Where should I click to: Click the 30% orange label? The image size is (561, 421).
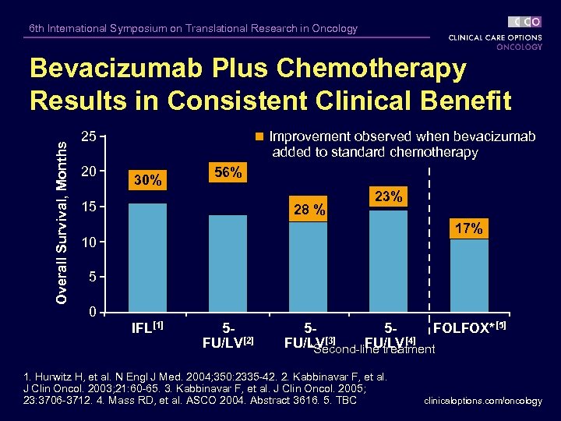(147, 180)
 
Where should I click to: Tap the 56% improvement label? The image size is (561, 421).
(228, 172)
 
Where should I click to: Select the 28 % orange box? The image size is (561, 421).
(308, 209)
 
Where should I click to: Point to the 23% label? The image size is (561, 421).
(388, 196)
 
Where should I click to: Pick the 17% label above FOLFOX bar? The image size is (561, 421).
(468, 228)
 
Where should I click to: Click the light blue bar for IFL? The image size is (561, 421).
(147, 257)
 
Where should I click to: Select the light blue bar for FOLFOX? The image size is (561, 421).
(468, 275)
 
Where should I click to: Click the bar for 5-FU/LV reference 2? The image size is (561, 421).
(228, 263)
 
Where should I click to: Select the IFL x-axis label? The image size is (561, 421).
(147, 325)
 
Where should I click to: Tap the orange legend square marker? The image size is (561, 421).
(260, 137)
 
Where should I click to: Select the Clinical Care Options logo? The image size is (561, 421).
(495, 33)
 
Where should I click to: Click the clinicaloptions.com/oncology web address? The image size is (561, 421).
(483, 401)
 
